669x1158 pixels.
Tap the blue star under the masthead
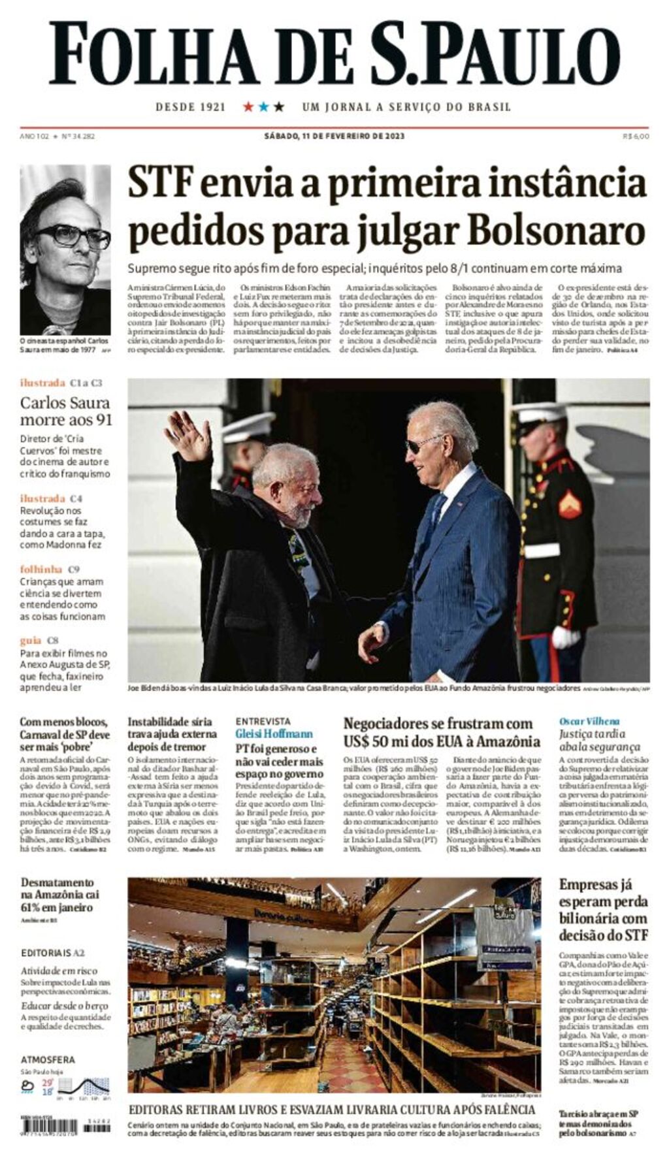tap(263, 106)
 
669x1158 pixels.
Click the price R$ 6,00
tap(636, 137)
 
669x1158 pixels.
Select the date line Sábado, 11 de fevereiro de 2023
tap(334, 137)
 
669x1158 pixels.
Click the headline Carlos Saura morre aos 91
tap(65, 411)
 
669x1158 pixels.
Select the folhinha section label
tap(41, 570)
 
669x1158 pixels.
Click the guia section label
tap(30, 641)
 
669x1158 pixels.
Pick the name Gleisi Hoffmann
tap(274, 734)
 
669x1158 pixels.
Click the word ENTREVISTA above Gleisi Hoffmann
tap(263, 722)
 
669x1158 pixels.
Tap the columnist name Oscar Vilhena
tap(589, 722)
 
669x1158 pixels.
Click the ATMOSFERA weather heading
tap(48, 1059)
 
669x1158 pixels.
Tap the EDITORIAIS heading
tap(46, 953)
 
